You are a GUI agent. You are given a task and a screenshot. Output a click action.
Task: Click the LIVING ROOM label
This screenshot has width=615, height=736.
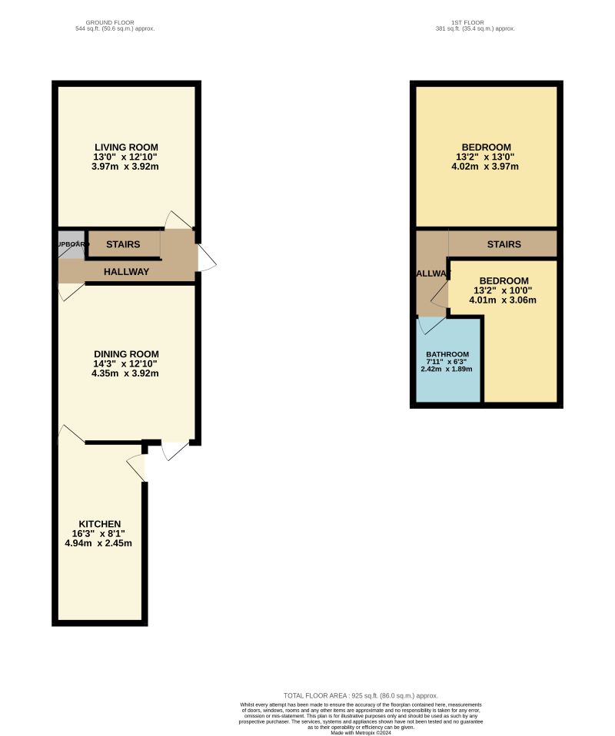[126, 147]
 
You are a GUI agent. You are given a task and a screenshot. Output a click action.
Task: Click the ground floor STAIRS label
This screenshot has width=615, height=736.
[123, 245]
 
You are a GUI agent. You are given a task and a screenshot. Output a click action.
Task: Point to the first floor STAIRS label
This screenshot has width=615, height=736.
[504, 244]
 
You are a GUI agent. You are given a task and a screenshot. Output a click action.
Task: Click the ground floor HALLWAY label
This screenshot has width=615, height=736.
[126, 271]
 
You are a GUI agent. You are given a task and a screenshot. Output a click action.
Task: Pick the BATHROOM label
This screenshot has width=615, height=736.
[447, 354]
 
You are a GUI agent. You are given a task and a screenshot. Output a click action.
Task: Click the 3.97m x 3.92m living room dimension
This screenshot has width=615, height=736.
[126, 167]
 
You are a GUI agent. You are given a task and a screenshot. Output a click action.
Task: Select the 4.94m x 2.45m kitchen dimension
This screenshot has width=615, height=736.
[98, 543]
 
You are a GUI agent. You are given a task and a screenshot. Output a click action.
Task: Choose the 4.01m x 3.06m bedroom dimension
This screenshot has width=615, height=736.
[504, 300]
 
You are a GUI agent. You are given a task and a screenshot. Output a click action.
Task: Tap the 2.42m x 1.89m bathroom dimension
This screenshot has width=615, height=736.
[446, 370]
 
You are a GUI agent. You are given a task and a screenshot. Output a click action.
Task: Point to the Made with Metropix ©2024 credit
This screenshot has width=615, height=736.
[361, 733]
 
